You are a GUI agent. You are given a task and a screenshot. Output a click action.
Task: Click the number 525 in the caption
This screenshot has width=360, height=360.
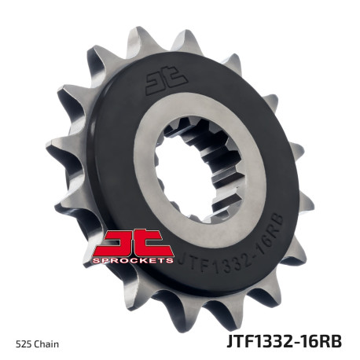[x=23, y=343]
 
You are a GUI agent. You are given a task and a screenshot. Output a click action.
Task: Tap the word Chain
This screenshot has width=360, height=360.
[x=46, y=343]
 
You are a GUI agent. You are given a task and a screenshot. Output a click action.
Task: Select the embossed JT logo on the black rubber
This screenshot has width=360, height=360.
[x=166, y=78]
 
